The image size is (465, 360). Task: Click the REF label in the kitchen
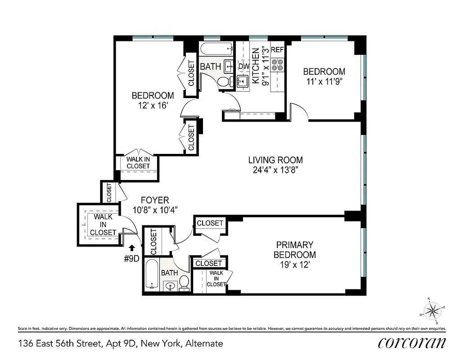277,50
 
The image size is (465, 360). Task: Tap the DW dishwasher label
244,67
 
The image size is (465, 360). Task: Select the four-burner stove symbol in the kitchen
277,64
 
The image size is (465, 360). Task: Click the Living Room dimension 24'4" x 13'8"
275,170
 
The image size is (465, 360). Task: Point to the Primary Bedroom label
295,250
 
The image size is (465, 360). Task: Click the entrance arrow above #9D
131,247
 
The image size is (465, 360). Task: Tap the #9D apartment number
131,259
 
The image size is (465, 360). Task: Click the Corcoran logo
412,343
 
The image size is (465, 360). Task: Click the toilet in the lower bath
184,282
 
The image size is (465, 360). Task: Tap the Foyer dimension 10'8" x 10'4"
156,209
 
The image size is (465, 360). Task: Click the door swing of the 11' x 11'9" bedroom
298,112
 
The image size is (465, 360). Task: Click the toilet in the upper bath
223,82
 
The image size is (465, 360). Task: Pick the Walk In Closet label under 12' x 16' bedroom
138,162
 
